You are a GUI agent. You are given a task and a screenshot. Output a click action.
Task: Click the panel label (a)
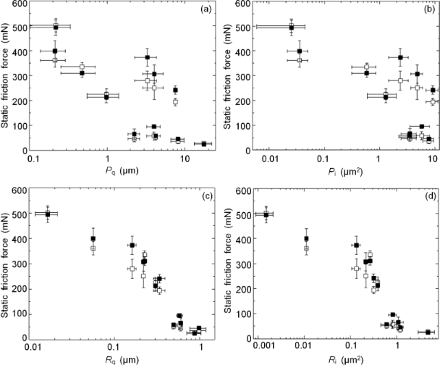(x=206, y=12)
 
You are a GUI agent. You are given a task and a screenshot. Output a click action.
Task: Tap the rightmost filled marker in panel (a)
(x=204, y=143)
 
